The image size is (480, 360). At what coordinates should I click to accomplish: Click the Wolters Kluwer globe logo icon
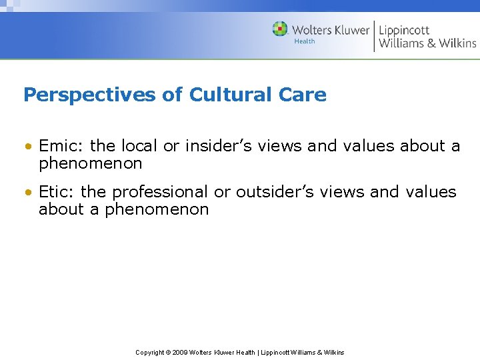click(x=280, y=29)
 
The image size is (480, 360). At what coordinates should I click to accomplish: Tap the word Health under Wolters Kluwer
click(x=305, y=41)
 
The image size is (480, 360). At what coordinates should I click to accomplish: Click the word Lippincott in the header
click(x=404, y=30)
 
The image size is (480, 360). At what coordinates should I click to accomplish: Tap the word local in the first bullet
click(x=139, y=145)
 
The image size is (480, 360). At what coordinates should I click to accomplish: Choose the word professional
click(x=160, y=192)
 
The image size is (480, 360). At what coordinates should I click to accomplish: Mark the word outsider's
click(x=267, y=192)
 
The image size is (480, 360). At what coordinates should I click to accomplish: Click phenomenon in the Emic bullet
click(x=91, y=163)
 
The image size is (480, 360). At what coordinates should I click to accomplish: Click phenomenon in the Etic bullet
click(x=157, y=209)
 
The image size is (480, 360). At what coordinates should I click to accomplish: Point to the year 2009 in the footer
click(x=179, y=352)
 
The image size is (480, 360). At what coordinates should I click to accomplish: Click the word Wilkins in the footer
click(x=333, y=352)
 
